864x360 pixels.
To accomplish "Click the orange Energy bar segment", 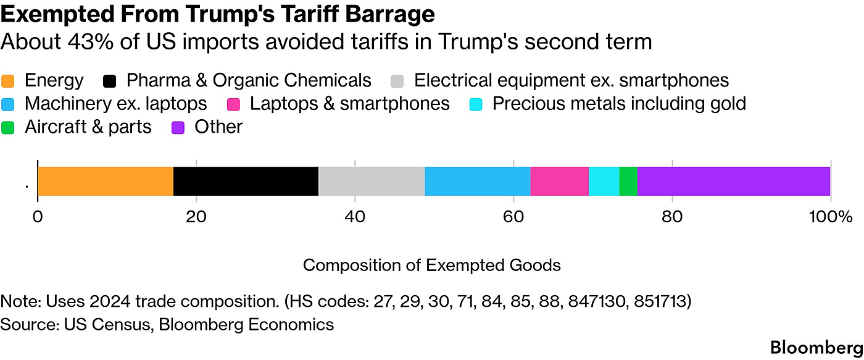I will click(106, 181).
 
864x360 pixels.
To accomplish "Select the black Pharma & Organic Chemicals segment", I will click(246, 181).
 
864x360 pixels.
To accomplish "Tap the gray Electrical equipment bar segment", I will click(372, 181).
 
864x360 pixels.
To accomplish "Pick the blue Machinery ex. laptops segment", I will click(478, 181).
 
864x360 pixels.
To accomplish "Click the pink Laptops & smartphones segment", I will click(560, 181).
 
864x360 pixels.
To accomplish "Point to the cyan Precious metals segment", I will click(604, 181).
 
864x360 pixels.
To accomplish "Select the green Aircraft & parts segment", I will click(628, 181).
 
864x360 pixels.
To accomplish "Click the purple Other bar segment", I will click(734, 181).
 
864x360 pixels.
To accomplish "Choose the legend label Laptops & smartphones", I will click(349, 104).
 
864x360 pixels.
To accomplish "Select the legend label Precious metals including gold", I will click(619, 104).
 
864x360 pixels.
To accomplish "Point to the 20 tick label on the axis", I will click(196, 217).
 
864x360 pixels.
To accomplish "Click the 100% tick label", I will click(831, 217).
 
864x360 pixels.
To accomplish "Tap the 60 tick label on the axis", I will click(513, 217).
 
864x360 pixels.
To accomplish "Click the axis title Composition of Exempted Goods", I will click(432, 266).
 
